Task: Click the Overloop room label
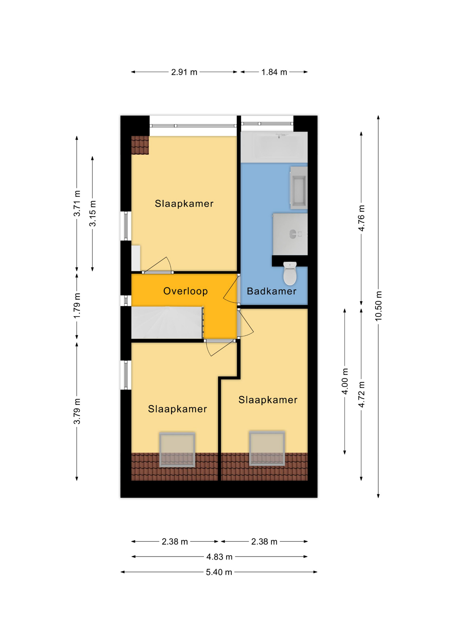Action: coord(185,291)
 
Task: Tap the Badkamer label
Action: coord(271,291)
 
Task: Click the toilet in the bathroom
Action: coord(290,273)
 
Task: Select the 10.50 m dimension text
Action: coord(378,306)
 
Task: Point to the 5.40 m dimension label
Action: coord(219,572)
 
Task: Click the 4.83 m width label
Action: coord(219,557)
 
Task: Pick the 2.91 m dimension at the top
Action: coord(184,72)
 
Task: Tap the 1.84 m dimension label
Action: coord(274,72)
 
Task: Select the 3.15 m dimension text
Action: coord(92,213)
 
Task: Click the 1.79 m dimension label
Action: coord(77,306)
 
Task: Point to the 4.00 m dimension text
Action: coord(345,381)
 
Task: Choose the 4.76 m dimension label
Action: coord(361,218)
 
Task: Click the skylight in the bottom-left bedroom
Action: coord(177,449)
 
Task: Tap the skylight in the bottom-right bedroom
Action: coord(267,448)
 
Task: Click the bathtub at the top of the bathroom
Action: coord(274,147)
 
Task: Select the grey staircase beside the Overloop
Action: coord(167,322)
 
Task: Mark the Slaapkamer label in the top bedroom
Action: coord(184,203)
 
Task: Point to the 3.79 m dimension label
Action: coord(77,411)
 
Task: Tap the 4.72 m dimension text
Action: coord(361,394)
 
